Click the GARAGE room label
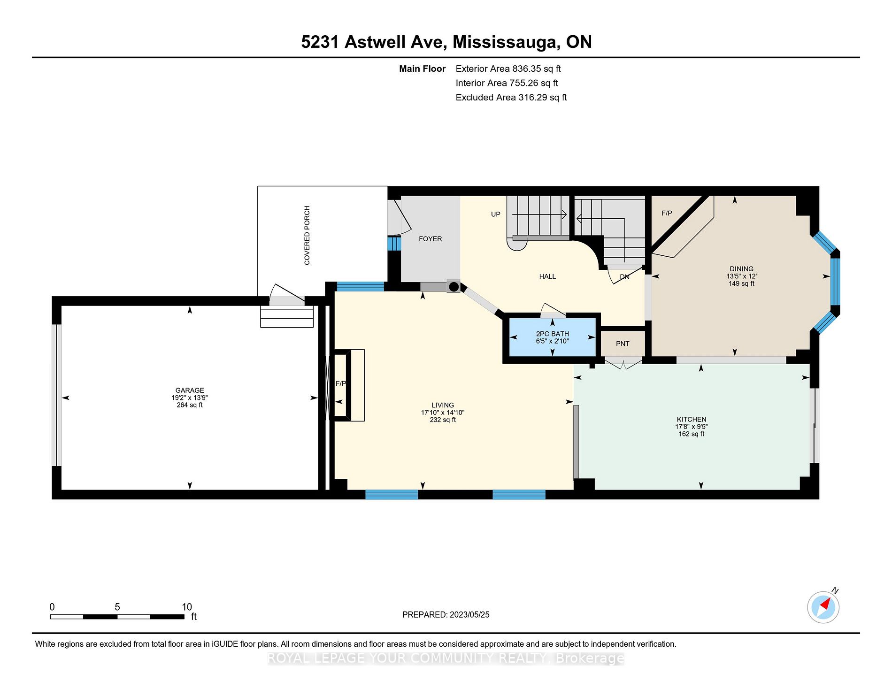(x=190, y=390)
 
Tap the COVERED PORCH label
(x=307, y=235)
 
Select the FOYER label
(x=431, y=239)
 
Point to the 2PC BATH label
(x=553, y=334)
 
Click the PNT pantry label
(x=623, y=344)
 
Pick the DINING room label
(x=742, y=269)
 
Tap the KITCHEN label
(x=692, y=419)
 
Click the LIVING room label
(x=443, y=405)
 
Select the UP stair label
(x=496, y=214)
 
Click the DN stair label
(x=624, y=277)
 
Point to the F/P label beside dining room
(x=667, y=213)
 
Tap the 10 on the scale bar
(x=187, y=607)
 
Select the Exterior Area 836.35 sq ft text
(x=508, y=69)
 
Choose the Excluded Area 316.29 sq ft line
(x=511, y=97)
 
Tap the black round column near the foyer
(x=454, y=286)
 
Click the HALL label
(x=547, y=276)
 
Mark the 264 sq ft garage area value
(x=190, y=405)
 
